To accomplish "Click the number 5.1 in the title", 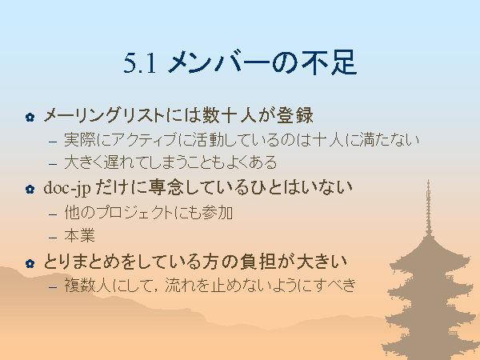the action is [x=140, y=63].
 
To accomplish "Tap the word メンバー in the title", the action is [x=218, y=62].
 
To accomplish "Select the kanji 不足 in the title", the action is [x=329, y=62].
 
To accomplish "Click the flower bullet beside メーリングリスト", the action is [x=30, y=118].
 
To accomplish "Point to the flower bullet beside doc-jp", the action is [x=30, y=189].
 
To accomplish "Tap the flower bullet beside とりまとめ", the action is [x=30, y=263].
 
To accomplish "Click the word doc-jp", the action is [x=67, y=189].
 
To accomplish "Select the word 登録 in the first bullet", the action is [x=294, y=115].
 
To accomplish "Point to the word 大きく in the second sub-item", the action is [x=83, y=162].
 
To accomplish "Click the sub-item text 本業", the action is [x=79, y=235].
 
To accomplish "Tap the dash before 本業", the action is [x=53, y=238].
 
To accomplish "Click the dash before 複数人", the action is [x=53, y=287].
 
